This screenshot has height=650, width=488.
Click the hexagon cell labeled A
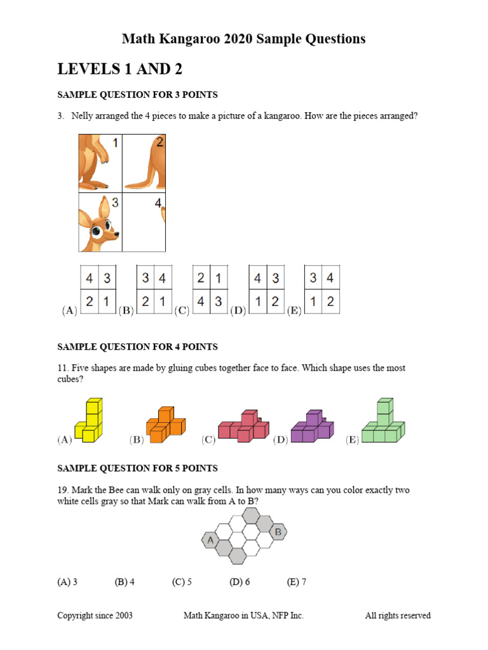coord(210,540)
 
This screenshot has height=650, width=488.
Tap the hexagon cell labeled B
coord(278,532)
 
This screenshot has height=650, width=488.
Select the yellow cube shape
coord(88,420)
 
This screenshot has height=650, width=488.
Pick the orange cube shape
coord(166,425)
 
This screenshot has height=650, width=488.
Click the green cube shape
coord(383,420)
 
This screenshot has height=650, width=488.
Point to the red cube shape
coord(243,426)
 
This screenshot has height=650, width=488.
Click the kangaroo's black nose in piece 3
coord(117,234)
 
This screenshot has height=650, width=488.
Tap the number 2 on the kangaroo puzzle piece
coord(159,142)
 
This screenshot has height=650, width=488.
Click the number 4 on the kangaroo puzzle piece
coord(158,203)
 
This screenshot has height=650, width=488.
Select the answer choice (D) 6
coord(240,582)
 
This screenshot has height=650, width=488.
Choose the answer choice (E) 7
coord(296,582)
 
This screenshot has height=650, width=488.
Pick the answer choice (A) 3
coord(67,582)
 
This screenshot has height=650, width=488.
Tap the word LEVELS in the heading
coord(89,69)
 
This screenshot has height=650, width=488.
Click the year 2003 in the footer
coord(124,616)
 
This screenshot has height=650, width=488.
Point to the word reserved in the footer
coord(414,616)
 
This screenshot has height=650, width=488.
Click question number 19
coord(63,490)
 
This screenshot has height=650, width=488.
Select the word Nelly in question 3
coord(82,116)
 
